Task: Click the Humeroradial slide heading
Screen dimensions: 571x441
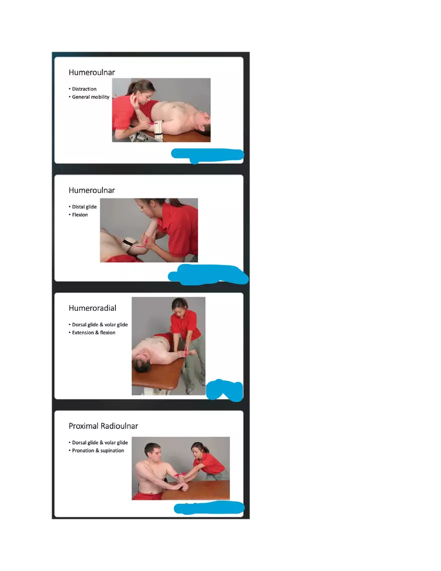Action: click(92, 308)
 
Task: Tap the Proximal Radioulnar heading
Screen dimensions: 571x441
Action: click(103, 426)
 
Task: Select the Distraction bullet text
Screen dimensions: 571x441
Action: click(84, 89)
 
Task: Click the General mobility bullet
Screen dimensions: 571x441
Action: click(90, 97)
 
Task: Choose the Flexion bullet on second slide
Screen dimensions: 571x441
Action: click(80, 215)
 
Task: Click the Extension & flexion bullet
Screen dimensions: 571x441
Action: click(93, 332)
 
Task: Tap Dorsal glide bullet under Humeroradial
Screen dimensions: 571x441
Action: click(100, 325)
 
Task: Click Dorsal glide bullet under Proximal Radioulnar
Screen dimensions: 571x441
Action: click(100, 443)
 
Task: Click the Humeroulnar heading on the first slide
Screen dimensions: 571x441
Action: click(92, 72)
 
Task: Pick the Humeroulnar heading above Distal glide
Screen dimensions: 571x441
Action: click(92, 190)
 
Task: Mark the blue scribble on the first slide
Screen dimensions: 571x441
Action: click(207, 154)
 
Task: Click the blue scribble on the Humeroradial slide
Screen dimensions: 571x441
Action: click(225, 390)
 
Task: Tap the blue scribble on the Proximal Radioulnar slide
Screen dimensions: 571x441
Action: click(208, 508)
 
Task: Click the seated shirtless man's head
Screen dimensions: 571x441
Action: click(152, 450)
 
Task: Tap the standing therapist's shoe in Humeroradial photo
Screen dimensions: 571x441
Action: click(189, 390)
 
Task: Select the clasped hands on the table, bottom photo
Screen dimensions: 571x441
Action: click(181, 486)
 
